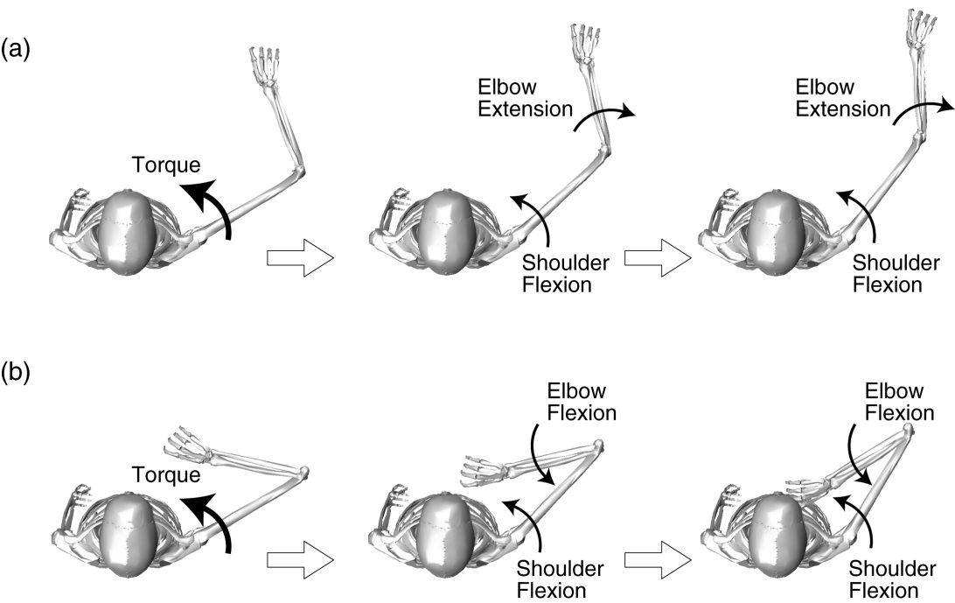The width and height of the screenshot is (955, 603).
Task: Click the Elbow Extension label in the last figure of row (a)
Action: coord(842,99)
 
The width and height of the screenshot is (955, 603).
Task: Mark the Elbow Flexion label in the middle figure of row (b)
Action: coord(575,401)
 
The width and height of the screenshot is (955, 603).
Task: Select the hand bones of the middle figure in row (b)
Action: coord(484,469)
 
